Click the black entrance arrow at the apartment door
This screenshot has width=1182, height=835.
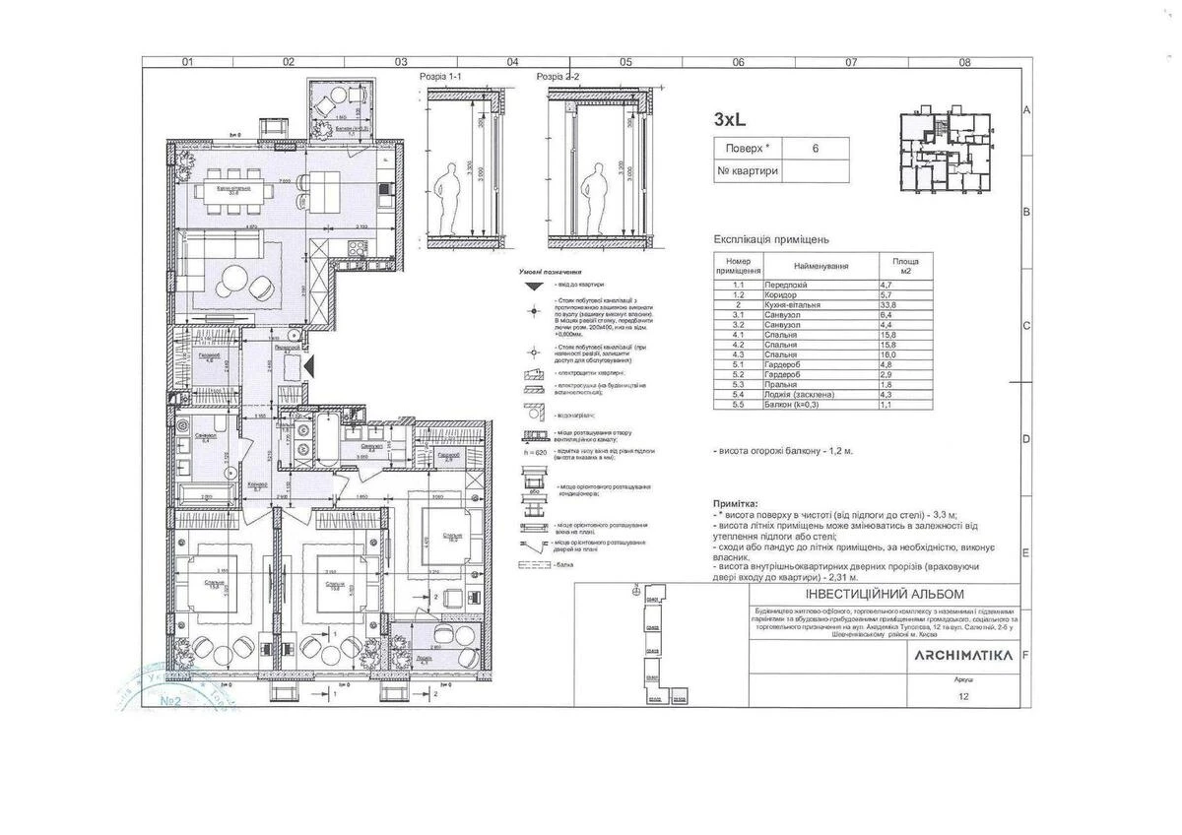point(309,365)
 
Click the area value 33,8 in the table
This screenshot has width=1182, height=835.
point(886,305)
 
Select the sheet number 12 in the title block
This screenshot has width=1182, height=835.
point(963,696)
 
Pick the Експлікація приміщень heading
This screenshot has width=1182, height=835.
point(771,239)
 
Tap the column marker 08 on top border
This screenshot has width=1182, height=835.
point(963,62)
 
